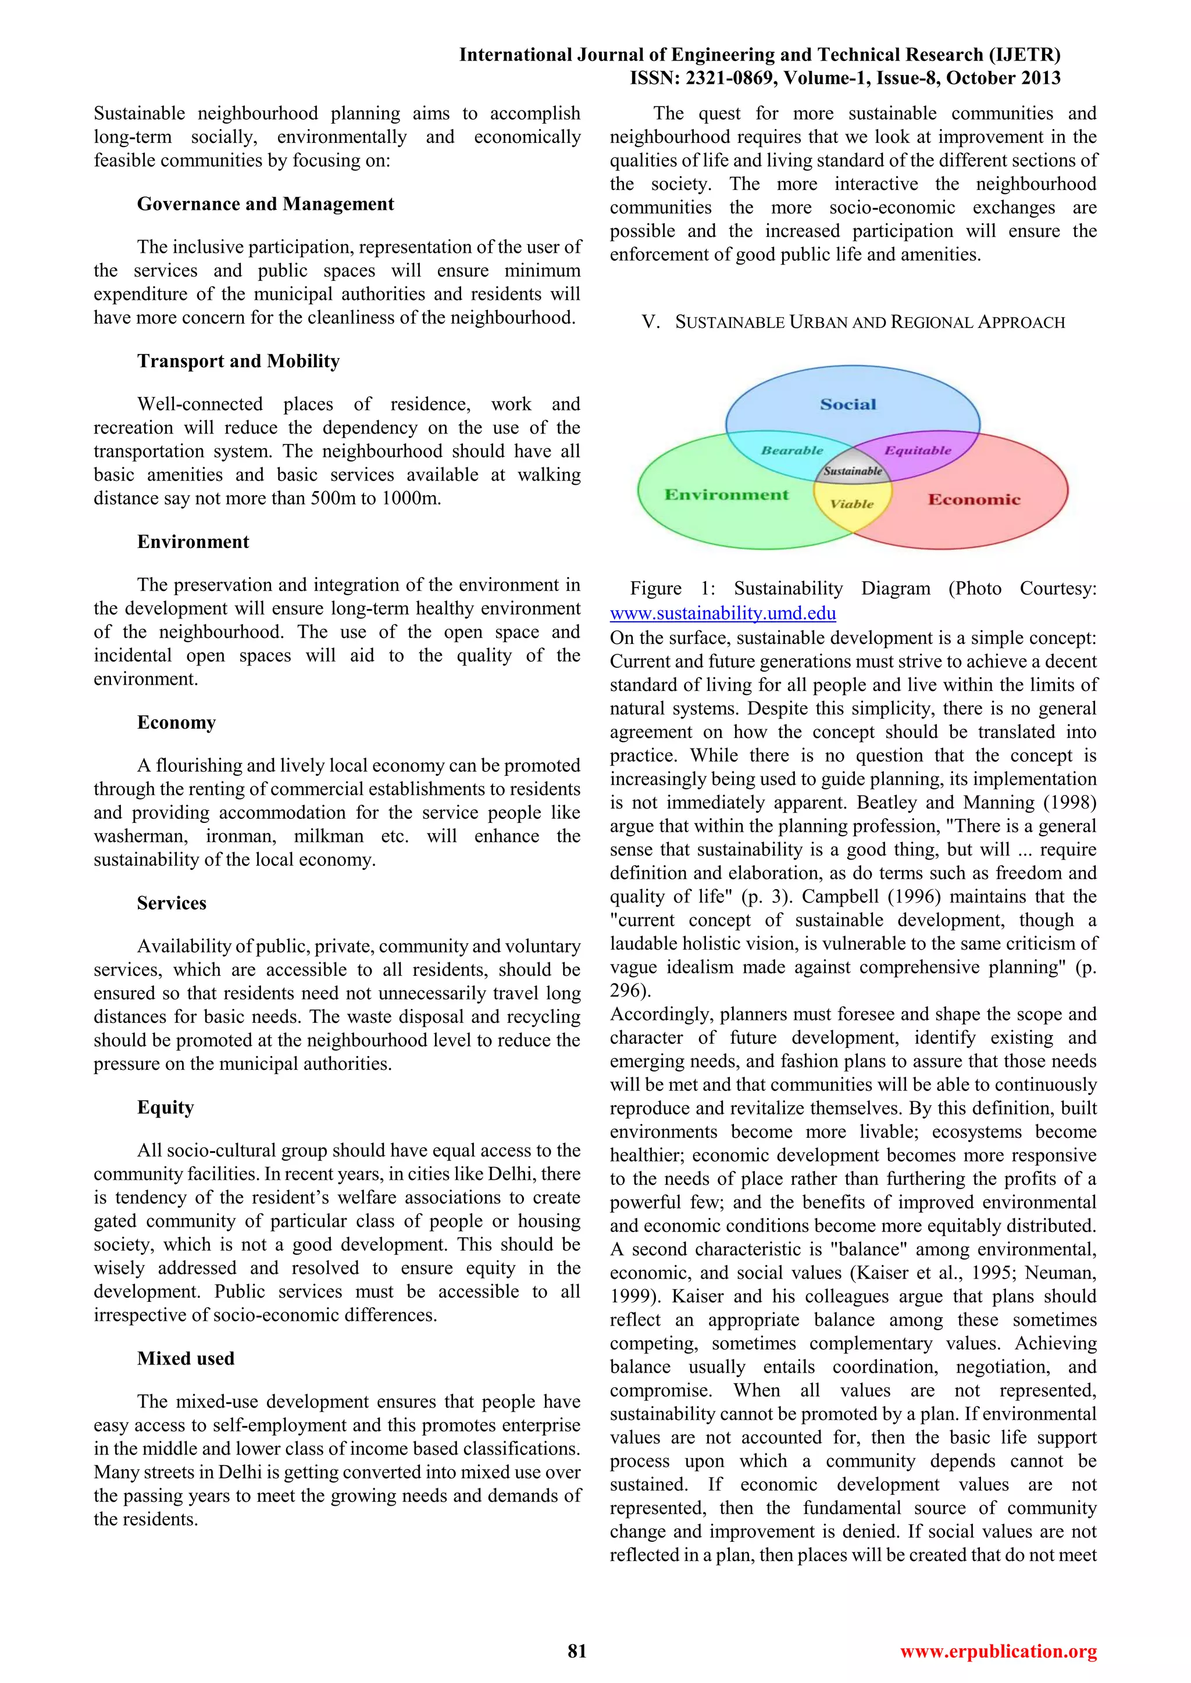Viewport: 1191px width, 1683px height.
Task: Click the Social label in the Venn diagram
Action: (x=848, y=404)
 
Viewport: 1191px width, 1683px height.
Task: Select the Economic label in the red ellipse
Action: (x=974, y=499)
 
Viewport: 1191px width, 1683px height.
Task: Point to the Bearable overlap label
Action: (x=792, y=450)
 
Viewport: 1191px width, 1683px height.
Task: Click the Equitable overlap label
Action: (x=918, y=450)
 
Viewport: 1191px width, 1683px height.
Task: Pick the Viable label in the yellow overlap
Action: (x=851, y=504)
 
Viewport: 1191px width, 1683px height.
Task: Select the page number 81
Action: (x=577, y=1651)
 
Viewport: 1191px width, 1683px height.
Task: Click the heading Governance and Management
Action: (x=266, y=204)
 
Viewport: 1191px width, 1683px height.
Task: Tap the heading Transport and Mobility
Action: (x=238, y=361)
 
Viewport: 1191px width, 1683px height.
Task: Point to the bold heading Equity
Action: (x=165, y=1107)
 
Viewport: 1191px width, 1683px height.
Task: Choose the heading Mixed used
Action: (x=186, y=1358)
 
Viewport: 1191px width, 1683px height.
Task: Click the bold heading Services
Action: (x=172, y=903)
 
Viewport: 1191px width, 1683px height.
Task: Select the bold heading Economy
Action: (x=176, y=723)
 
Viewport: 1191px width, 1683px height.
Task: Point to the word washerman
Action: (x=140, y=836)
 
